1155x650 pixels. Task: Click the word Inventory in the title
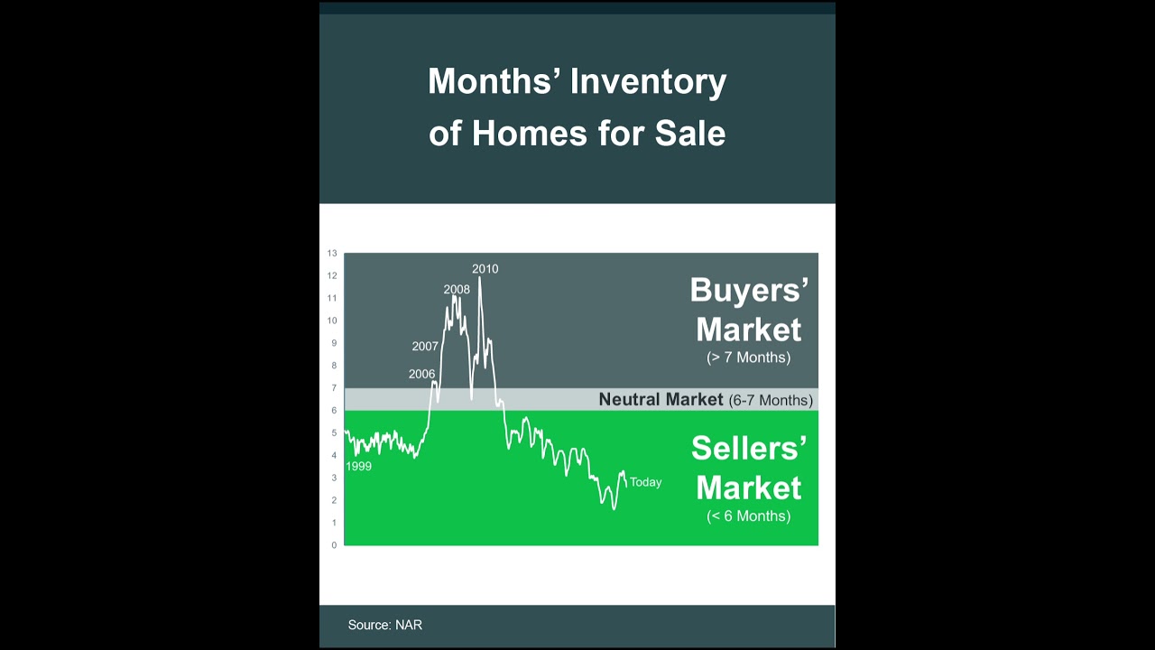click(x=648, y=82)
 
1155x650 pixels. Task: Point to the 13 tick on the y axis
click(x=332, y=254)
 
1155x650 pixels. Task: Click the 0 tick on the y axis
click(x=334, y=545)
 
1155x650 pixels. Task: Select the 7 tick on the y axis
click(x=334, y=388)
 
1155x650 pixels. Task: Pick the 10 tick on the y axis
click(x=332, y=320)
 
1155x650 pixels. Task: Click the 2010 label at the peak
click(x=485, y=269)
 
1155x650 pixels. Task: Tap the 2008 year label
click(x=457, y=290)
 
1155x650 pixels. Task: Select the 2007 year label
click(x=425, y=347)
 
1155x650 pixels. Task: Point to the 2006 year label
click(x=421, y=374)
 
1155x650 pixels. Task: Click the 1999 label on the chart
click(x=358, y=467)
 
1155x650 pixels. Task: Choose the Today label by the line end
click(x=645, y=482)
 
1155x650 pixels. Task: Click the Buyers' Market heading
click(x=749, y=310)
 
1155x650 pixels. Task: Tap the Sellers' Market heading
click(x=749, y=468)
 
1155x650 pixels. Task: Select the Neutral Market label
click(x=661, y=399)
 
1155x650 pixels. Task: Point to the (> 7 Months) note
click(x=749, y=357)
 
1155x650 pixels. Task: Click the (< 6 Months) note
click(x=749, y=516)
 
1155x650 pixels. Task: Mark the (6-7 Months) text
click(x=771, y=400)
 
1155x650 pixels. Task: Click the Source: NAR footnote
click(x=385, y=625)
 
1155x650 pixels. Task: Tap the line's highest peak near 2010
click(x=479, y=277)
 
